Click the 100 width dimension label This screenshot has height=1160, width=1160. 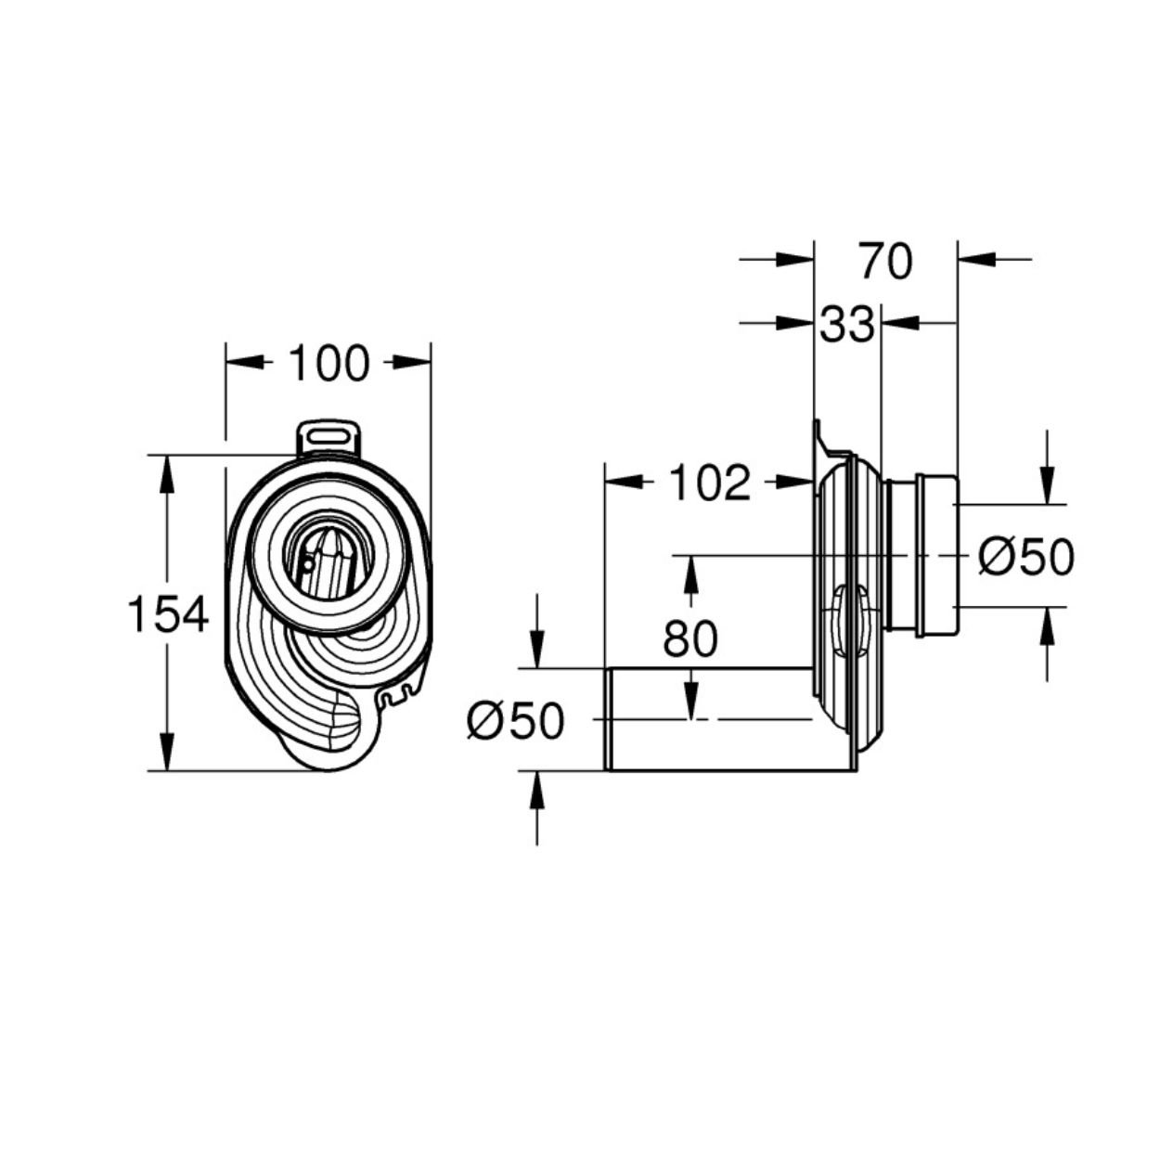[329, 363]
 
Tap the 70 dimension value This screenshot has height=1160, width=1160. [886, 261]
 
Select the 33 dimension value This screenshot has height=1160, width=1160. [847, 325]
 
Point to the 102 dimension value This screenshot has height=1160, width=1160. [710, 483]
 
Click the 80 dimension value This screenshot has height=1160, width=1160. [690, 638]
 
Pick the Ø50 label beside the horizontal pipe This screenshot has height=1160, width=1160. [516, 720]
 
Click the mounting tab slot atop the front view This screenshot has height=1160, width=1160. [329, 435]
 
